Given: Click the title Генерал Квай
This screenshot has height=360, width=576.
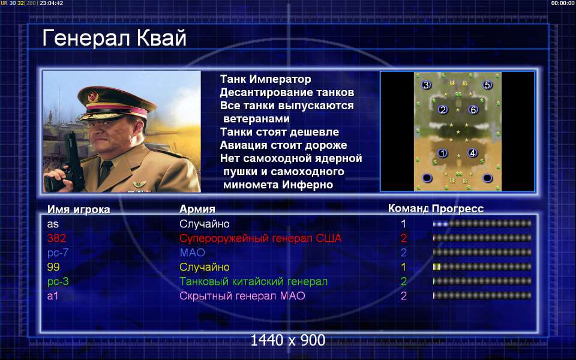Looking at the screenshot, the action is (x=114, y=38).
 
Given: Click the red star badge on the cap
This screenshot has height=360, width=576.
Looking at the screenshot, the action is (x=93, y=97).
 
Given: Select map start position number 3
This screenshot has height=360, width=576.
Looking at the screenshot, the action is (x=426, y=85).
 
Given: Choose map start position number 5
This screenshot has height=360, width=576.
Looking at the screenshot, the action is (x=487, y=85).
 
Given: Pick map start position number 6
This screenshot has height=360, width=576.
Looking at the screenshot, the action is (x=473, y=109).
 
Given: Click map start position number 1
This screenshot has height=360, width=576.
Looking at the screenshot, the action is (x=442, y=153).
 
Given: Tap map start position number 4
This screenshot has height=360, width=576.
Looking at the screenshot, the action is (x=472, y=153).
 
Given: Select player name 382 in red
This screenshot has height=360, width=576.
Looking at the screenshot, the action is (x=56, y=238).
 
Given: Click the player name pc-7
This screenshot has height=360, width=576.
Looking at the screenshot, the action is (x=58, y=253).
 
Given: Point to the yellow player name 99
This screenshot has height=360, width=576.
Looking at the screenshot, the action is (x=53, y=267).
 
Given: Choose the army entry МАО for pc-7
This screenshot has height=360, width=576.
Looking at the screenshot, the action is (x=193, y=253).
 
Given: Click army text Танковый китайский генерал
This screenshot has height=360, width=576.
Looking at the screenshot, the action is (x=253, y=282).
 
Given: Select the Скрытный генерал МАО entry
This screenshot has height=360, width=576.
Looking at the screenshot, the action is (x=242, y=296).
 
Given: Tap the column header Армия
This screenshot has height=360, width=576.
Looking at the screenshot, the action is (x=197, y=209).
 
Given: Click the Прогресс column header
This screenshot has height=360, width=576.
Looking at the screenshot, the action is (x=458, y=209).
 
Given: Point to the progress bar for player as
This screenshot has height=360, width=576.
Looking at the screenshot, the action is (x=482, y=224).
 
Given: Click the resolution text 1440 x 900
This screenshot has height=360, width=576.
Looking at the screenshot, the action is (x=288, y=340).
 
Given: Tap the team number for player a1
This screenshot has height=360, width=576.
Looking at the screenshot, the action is (x=404, y=296).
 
